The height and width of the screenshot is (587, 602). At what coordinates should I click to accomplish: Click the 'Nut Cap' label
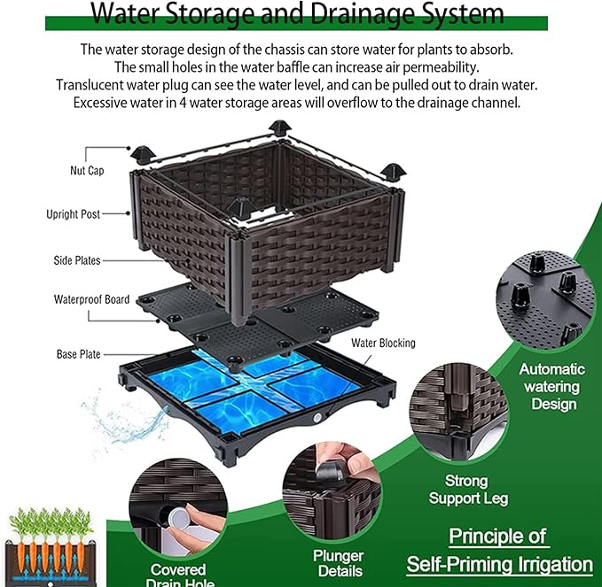(x=87, y=171)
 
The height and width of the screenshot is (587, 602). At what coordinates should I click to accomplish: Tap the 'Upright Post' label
(x=73, y=214)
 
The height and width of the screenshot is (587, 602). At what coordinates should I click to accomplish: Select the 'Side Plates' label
(x=77, y=260)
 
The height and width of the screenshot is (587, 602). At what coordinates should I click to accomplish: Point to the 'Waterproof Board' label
(x=91, y=299)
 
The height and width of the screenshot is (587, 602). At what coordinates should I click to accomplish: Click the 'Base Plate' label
(x=78, y=354)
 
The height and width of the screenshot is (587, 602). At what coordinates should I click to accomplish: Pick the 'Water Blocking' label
(x=383, y=344)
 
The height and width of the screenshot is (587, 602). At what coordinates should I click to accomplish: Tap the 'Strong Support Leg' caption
(x=468, y=490)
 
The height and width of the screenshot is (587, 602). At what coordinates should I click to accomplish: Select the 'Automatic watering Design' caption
(x=552, y=387)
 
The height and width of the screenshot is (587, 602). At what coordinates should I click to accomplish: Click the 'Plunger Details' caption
(x=339, y=563)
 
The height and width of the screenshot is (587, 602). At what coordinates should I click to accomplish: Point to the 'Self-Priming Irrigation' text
(x=499, y=565)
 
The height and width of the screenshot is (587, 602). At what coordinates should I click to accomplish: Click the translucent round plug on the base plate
(x=317, y=418)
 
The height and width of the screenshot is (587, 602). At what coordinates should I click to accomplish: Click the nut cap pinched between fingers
(x=330, y=470)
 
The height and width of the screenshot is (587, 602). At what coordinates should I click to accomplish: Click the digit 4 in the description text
(x=183, y=103)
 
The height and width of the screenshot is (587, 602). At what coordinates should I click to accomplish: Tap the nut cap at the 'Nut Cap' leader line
(x=143, y=153)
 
